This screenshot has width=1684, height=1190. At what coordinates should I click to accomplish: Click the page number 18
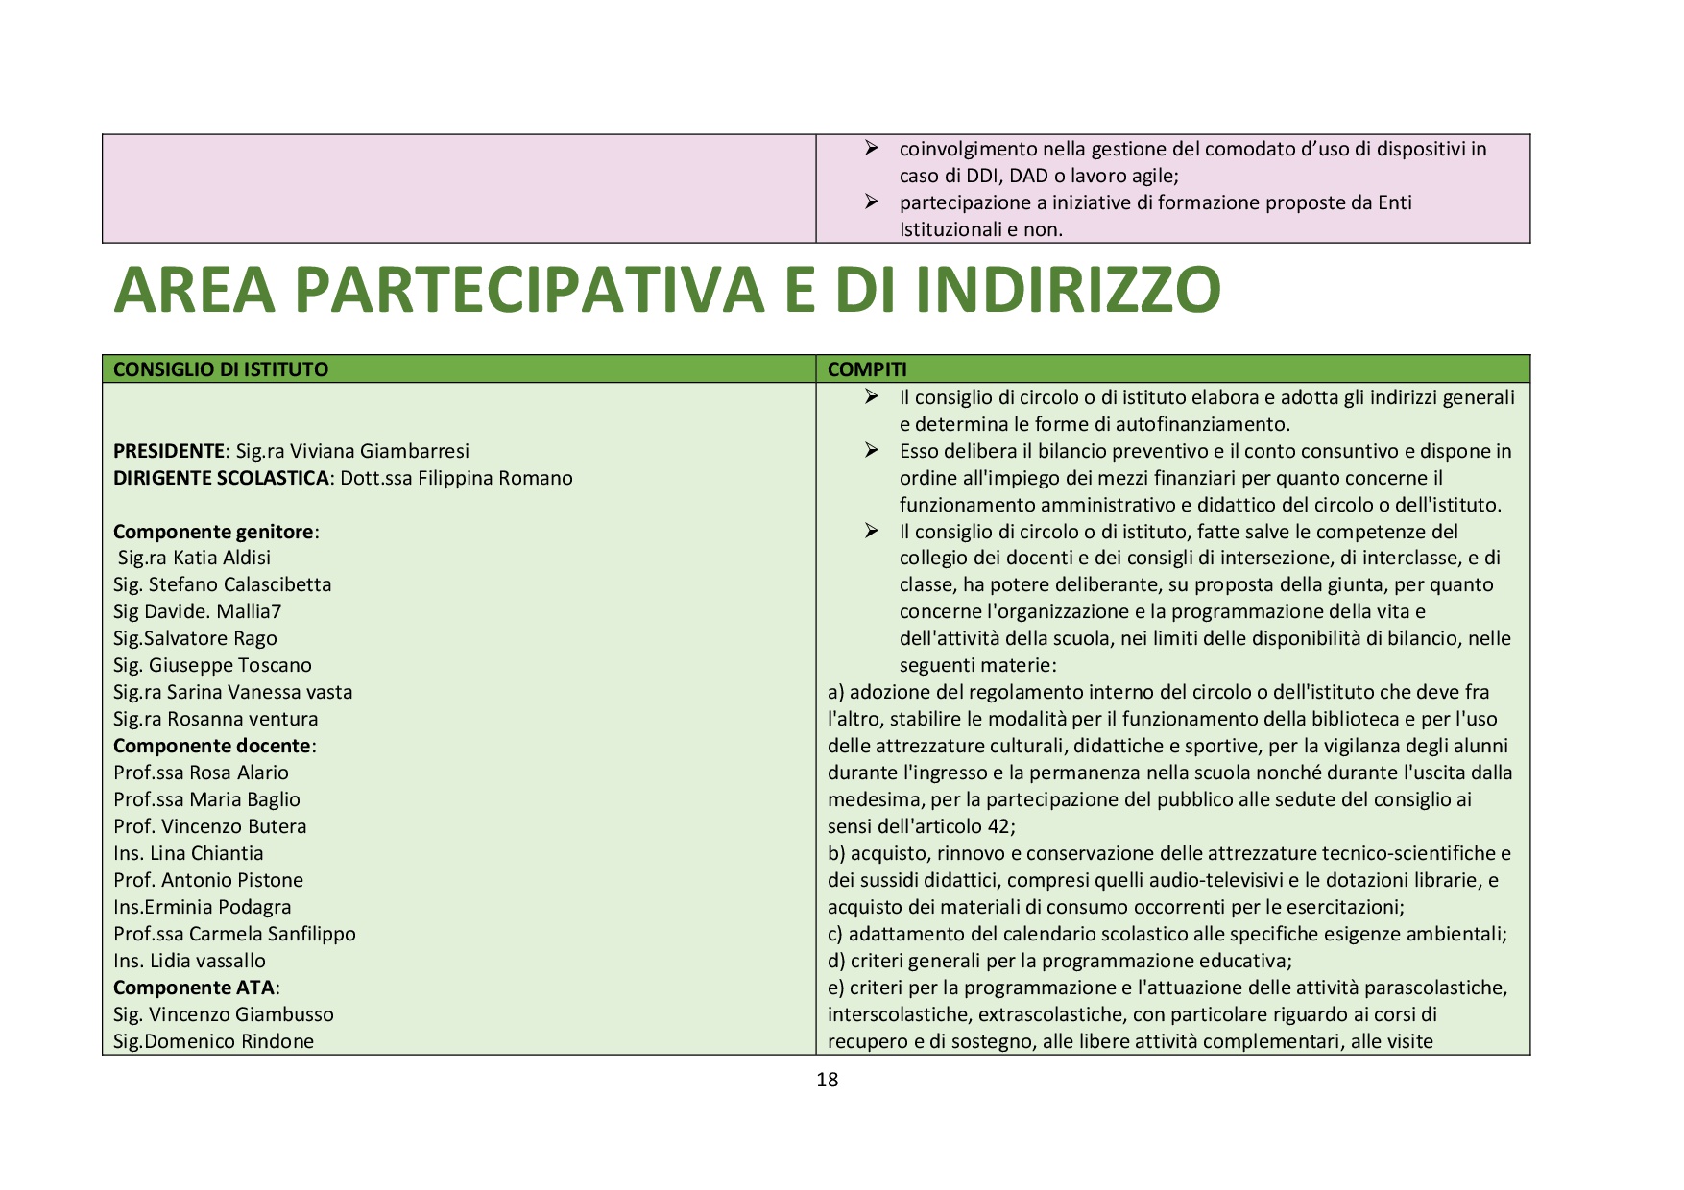[x=827, y=1080]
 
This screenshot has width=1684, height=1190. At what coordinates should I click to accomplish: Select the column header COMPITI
[x=867, y=369]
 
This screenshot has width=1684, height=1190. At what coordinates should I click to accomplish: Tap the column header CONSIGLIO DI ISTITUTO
[x=221, y=369]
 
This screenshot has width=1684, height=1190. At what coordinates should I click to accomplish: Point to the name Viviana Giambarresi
[x=379, y=451]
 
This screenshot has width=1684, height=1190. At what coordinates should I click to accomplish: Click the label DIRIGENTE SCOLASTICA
[x=221, y=478]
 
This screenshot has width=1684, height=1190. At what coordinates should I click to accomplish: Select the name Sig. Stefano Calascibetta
[x=222, y=584]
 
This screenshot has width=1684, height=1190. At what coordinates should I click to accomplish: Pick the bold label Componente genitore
[x=214, y=532]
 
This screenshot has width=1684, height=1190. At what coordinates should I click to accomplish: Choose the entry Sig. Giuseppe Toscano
[x=212, y=665]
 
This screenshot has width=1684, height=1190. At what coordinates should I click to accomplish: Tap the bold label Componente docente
[x=212, y=746]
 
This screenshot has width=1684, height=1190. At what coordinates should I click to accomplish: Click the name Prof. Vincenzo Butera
[x=209, y=826]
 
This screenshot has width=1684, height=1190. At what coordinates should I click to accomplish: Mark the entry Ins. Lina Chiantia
[x=188, y=853]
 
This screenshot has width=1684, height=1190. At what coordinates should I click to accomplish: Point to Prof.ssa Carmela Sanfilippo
[x=234, y=934]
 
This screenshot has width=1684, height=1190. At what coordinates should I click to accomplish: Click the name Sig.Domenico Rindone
[x=213, y=1041]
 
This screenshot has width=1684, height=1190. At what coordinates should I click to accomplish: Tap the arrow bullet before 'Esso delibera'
[x=871, y=450]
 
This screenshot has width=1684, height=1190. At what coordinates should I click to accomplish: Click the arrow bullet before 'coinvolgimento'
[x=871, y=148]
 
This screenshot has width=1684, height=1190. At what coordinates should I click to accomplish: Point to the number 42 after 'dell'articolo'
[x=998, y=826]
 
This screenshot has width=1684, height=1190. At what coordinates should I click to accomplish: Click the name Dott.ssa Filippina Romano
[x=456, y=478]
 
